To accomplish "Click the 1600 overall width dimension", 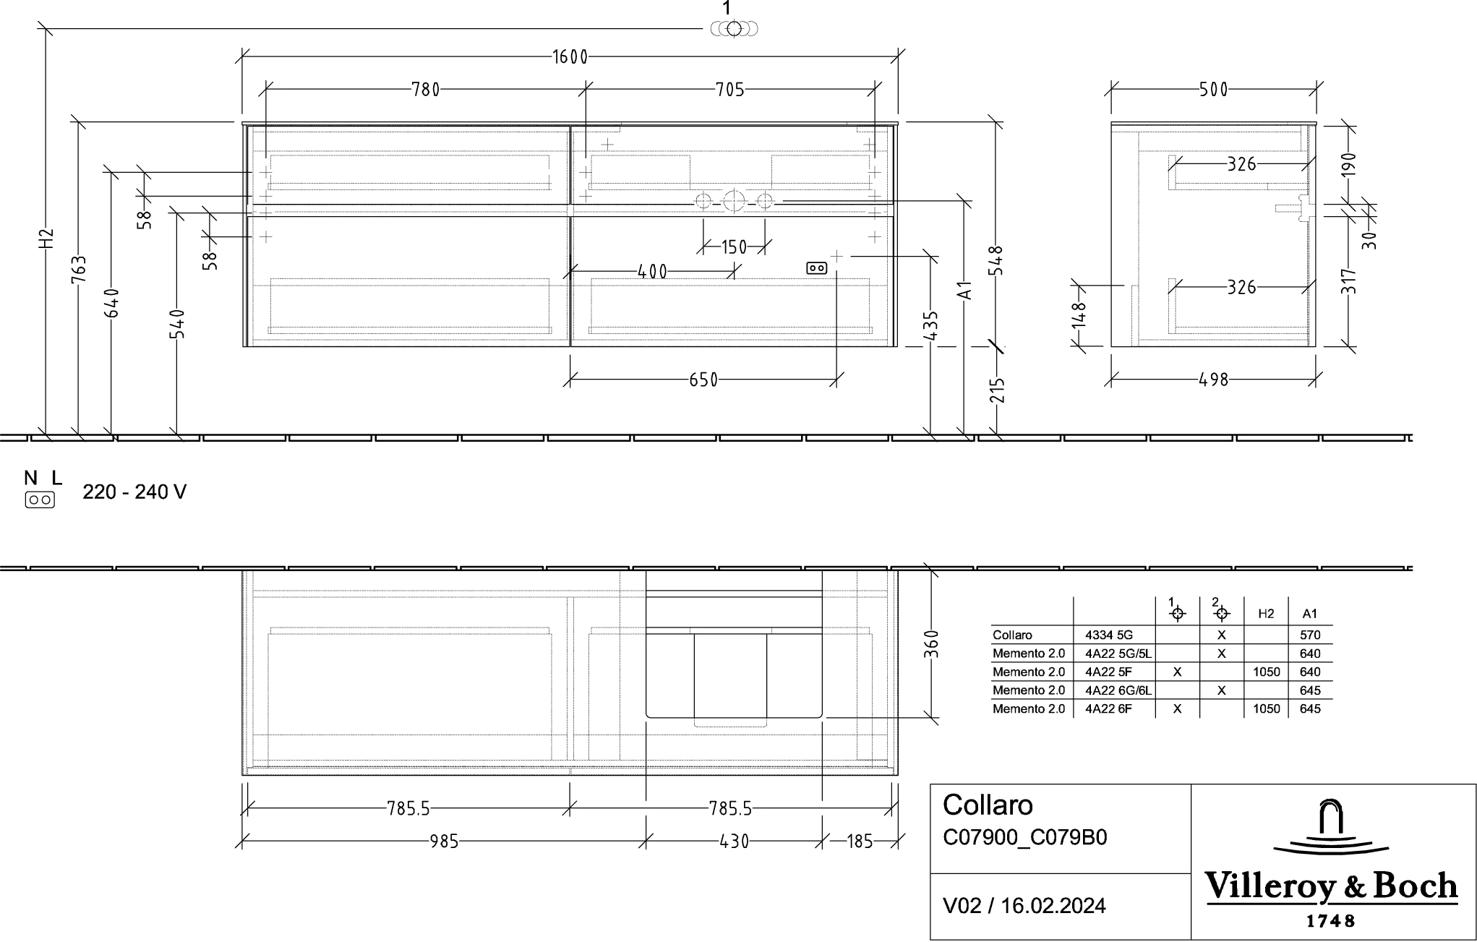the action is click(570, 57).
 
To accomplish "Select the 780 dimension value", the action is click(425, 90).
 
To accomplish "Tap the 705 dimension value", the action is click(729, 90).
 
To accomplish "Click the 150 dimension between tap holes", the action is click(734, 247).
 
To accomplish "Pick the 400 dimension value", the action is click(652, 272).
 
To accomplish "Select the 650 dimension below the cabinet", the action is click(703, 380).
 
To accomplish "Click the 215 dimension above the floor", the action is click(997, 390).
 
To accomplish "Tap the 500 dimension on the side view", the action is click(1213, 90).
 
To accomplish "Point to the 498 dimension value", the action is click(1213, 380).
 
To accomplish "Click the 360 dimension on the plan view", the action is click(931, 644).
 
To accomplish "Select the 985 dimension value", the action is click(444, 842).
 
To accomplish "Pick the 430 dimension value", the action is click(734, 842).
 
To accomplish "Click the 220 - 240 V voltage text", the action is click(134, 492).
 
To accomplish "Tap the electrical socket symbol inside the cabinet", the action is click(816, 268).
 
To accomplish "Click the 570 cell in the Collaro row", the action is click(1309, 635).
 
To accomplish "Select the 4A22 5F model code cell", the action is click(1108, 672).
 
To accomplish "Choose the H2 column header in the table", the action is click(1266, 614).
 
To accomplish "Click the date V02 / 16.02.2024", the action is click(1024, 906).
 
